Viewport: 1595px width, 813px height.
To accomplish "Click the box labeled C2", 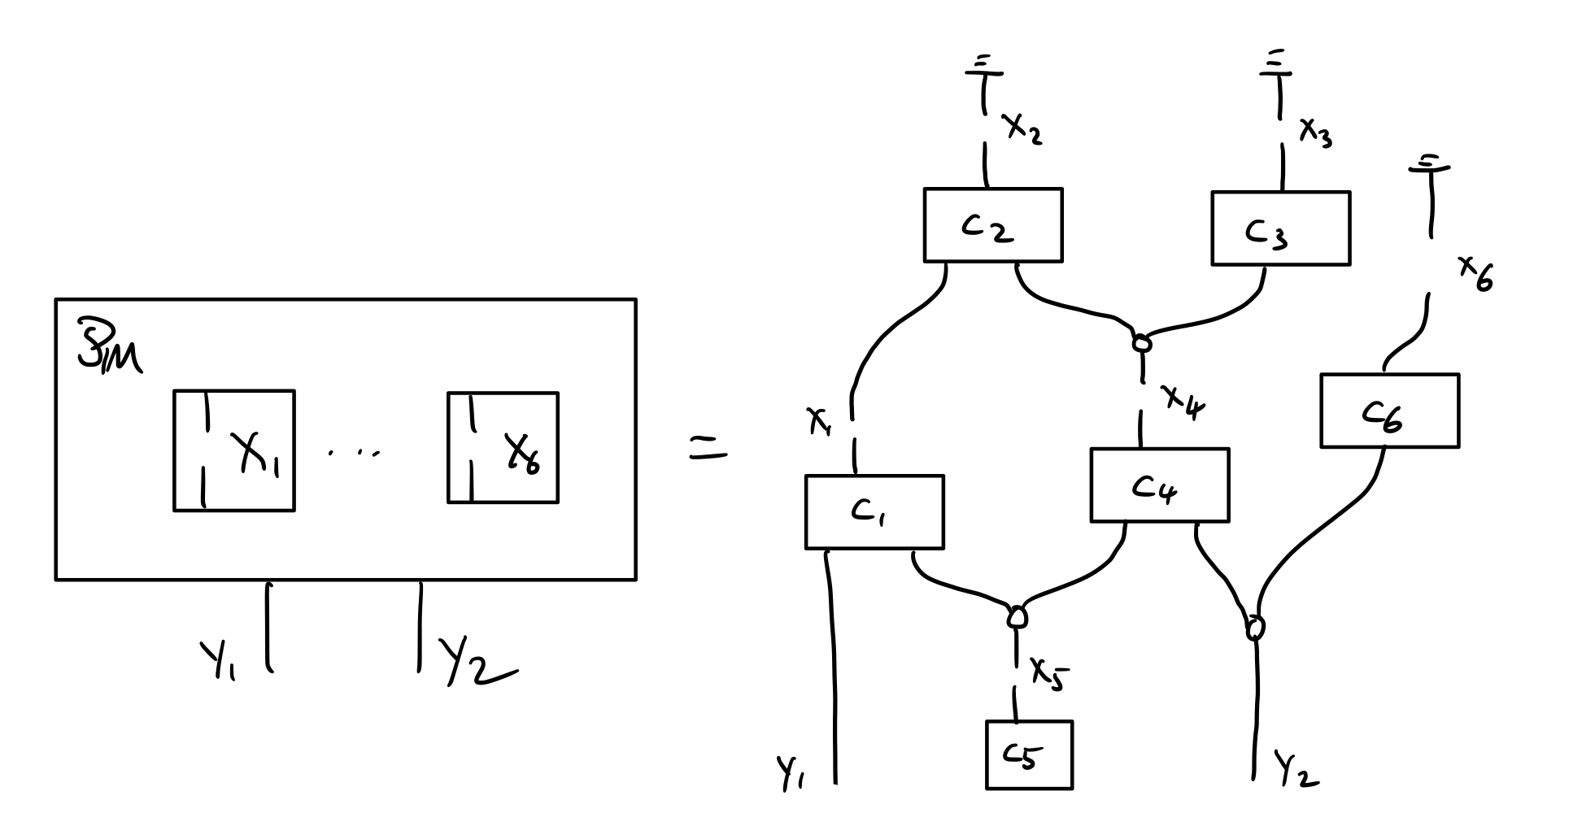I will coord(992,226).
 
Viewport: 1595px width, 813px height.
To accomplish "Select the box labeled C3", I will coord(1280,229).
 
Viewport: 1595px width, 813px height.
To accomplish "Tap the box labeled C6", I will coord(1389,411).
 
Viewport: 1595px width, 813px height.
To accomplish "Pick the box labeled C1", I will coord(874,512).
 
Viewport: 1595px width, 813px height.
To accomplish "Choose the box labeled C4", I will coord(1159,485).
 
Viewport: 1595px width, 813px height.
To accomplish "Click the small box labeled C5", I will coord(1029,755).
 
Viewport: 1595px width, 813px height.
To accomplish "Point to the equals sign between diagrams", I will coord(708,448).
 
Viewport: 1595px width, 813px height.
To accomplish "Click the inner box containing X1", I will coord(234,450).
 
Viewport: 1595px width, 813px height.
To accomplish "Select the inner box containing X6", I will coord(503,448).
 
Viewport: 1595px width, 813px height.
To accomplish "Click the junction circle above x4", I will coord(1142,344).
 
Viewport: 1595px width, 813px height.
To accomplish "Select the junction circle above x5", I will coord(1016,617).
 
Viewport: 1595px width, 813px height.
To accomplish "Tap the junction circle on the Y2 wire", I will coord(1256,628).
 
